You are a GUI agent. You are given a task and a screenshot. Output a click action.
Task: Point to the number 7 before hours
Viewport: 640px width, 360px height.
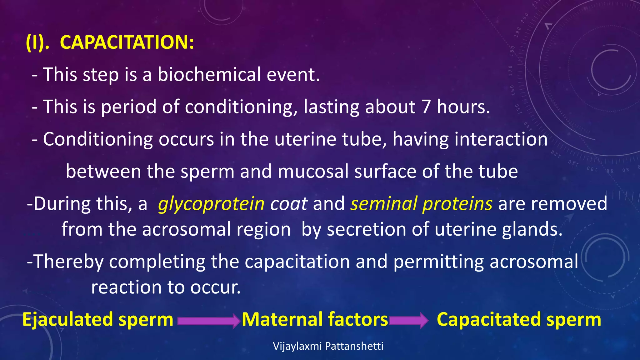point(426,107)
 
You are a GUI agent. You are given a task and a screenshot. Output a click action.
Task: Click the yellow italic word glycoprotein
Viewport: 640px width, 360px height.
point(211,204)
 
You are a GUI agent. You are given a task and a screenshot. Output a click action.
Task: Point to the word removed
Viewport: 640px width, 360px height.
point(569,204)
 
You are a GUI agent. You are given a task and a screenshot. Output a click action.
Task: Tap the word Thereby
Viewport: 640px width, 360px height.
point(68,262)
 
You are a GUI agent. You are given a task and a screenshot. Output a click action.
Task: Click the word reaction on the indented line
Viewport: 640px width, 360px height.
point(126,287)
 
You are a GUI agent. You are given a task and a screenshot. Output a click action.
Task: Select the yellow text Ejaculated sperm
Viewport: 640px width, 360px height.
point(97,320)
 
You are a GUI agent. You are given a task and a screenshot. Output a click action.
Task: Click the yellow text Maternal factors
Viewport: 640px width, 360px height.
point(315,320)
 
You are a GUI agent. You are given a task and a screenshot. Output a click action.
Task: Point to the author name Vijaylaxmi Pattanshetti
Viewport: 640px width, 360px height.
point(328,346)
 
